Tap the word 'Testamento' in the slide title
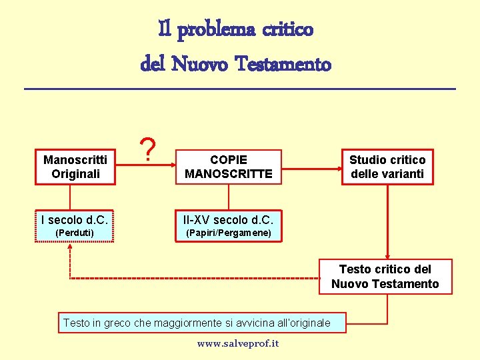[x=288, y=64]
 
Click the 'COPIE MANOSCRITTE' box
[x=229, y=167]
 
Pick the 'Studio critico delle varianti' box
[x=387, y=167]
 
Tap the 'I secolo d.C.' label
[x=75, y=219]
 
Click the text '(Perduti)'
[x=75, y=233]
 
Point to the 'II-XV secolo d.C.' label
[x=229, y=219]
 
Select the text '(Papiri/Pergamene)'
[x=229, y=233]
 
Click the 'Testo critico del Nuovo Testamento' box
[x=385, y=277]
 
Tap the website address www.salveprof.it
[x=238, y=343]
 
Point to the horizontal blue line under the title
[x=240, y=89]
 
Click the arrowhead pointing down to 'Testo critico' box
[x=387, y=253]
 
